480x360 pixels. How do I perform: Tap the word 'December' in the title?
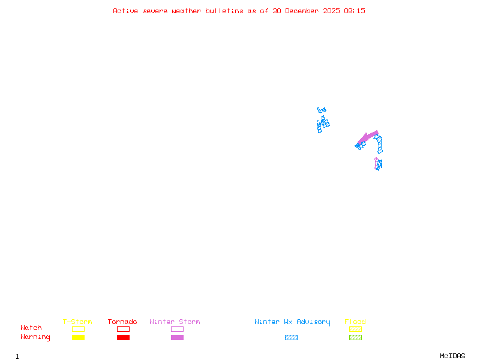click(305, 11)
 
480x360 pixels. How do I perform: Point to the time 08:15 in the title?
click(355, 11)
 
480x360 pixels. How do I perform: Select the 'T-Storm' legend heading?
click(77, 322)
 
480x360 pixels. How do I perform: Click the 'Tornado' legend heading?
click(122, 322)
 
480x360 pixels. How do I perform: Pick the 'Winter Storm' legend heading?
click(175, 322)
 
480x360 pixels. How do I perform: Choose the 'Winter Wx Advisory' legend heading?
click(292, 322)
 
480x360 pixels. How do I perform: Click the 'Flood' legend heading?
click(355, 322)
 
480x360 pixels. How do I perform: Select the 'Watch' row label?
click(31, 328)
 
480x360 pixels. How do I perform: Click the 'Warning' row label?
click(35, 337)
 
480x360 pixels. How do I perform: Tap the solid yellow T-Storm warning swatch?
click(78, 337)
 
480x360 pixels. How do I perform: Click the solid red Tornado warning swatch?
click(123, 337)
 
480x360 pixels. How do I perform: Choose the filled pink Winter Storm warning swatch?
click(177, 337)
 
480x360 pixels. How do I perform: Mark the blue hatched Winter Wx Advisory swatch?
click(291, 337)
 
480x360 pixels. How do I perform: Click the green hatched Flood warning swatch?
click(355, 337)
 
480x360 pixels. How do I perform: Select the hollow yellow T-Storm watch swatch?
click(78, 329)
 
